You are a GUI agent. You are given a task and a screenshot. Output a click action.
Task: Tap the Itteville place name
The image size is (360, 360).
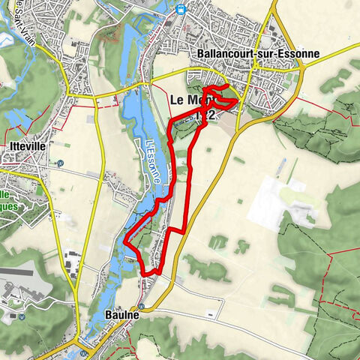click(25, 147)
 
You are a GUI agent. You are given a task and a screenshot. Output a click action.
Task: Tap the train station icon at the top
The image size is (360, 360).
click(181, 8)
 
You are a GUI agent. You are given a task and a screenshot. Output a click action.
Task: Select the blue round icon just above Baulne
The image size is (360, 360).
click(140, 306)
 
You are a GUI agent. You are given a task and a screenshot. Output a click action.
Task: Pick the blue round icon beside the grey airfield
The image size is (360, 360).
click(22, 316)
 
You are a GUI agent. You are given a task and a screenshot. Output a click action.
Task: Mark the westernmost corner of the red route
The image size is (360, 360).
click(125, 245)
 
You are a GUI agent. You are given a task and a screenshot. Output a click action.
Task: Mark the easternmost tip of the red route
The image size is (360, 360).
click(239, 99)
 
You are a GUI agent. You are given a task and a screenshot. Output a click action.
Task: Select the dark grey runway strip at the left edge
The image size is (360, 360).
click(15, 271)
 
